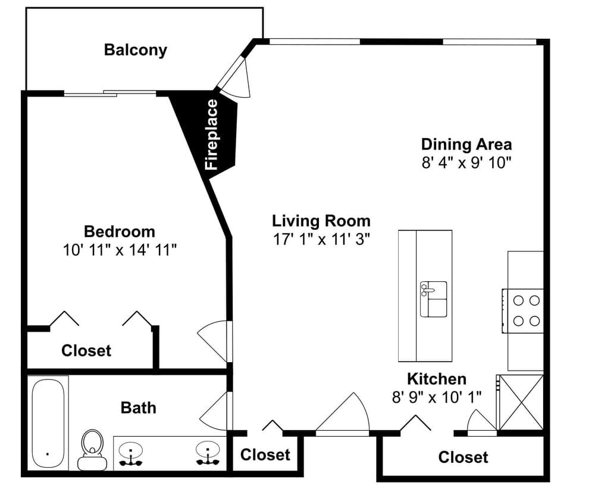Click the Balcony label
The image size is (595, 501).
click(136, 50)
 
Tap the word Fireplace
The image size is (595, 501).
click(211, 135)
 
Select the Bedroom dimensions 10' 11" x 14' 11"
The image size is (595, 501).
click(120, 250)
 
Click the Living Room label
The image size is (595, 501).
click(321, 220)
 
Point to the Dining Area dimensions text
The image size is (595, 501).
click(466, 163)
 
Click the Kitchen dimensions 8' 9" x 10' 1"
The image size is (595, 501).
click(437, 397)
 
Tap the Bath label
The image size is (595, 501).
click(138, 407)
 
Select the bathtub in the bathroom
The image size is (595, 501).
click(48, 423)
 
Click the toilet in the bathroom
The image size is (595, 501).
click(92, 450)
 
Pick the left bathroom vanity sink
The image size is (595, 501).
click(130, 453)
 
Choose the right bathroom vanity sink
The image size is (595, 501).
click(208, 453)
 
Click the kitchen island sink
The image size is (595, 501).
click(433, 299)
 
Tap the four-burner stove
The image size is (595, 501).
click(523, 311)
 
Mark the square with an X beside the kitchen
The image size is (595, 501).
click(520, 402)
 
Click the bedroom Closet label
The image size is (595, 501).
click(86, 351)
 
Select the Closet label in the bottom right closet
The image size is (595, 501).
click(463, 458)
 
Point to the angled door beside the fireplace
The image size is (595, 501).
click(234, 78)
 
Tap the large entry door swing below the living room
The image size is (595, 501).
click(342, 414)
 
